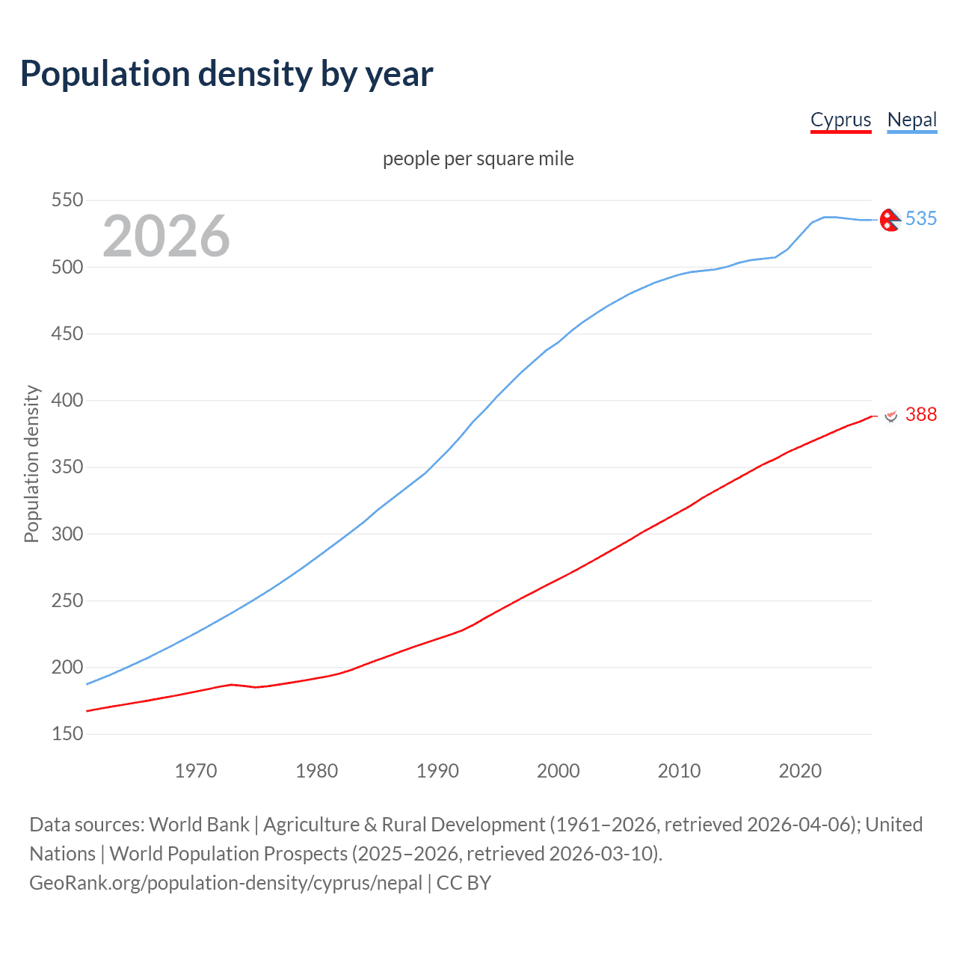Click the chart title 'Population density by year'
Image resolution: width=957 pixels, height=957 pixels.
(227, 74)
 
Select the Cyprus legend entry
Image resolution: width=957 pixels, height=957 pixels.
(840, 120)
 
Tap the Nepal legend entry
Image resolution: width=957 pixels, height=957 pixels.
(911, 120)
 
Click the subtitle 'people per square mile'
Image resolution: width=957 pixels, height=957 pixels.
(478, 159)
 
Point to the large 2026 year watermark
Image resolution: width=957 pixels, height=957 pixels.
(166, 236)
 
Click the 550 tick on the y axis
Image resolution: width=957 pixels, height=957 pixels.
(67, 200)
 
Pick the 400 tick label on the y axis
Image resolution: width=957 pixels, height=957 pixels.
(67, 400)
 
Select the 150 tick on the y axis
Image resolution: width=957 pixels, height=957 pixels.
(67, 733)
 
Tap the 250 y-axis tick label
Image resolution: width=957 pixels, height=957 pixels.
(67, 600)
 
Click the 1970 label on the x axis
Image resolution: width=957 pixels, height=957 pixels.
(196, 771)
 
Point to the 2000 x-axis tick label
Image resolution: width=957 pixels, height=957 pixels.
(558, 771)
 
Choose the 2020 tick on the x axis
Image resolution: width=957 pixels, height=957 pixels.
(800, 771)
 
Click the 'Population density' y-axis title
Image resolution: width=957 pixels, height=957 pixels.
(31, 464)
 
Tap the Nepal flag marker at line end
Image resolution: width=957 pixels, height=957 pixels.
(890, 219)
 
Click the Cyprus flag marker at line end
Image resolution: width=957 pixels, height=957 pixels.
(890, 415)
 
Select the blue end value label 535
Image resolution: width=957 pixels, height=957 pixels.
(920, 218)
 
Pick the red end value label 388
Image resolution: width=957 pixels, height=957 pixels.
(920, 414)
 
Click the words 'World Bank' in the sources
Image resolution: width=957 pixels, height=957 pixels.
(199, 824)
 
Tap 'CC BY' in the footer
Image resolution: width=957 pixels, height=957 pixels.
(464, 882)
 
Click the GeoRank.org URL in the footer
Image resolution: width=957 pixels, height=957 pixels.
(226, 882)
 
